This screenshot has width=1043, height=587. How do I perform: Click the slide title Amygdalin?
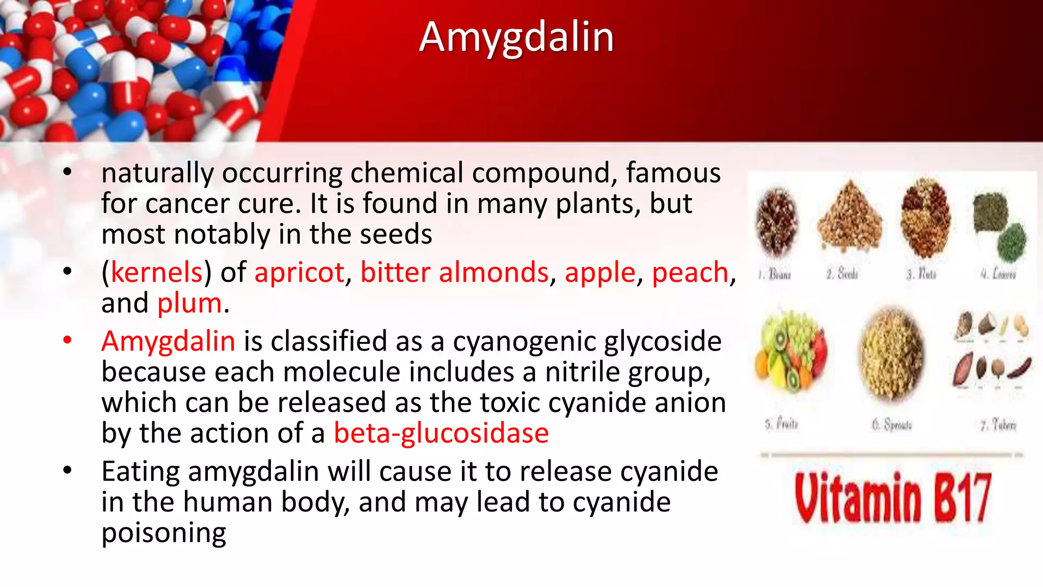(516, 37)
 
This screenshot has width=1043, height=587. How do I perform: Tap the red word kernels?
(157, 272)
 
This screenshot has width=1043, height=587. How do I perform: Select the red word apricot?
(299, 272)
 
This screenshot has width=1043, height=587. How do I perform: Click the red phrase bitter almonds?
(454, 272)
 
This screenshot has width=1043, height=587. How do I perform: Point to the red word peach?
(690, 272)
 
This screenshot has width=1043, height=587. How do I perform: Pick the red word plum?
(189, 303)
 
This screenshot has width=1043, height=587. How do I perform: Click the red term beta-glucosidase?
(441, 433)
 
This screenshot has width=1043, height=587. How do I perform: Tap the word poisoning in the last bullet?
(163, 533)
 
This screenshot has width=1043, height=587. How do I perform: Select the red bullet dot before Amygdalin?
(67, 340)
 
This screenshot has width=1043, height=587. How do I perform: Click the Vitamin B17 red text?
(893, 498)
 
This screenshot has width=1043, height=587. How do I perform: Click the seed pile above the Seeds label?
(849, 217)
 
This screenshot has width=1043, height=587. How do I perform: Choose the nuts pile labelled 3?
(925, 218)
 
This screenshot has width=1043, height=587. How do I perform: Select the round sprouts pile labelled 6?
(891, 354)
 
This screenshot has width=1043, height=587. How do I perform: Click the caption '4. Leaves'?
(998, 274)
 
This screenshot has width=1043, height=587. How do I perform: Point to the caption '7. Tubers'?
(998, 424)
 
